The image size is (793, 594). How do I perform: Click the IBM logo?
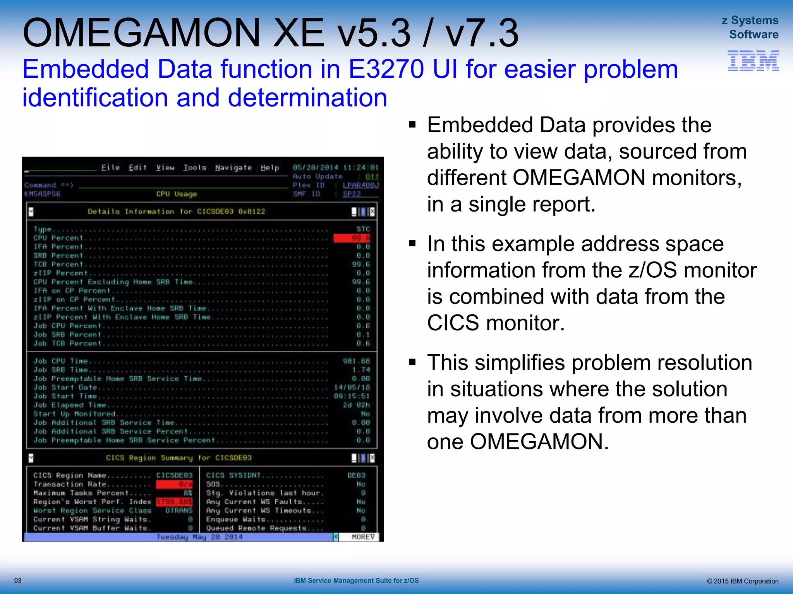point(753,61)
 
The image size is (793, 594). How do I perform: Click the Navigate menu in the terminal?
point(233,167)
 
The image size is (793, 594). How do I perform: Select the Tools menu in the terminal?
point(194,167)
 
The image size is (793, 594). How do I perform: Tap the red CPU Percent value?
point(352,238)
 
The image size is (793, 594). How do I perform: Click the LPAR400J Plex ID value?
point(360,185)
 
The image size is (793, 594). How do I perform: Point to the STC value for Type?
point(363,229)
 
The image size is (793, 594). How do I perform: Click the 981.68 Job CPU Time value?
point(356,361)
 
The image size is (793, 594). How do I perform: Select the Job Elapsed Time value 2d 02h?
point(356,405)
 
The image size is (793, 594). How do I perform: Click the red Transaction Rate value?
point(174,484)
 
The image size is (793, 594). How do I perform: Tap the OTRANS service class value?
point(179,510)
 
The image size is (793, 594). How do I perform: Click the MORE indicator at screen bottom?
point(362,537)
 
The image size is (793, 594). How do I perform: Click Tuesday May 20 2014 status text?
point(199,537)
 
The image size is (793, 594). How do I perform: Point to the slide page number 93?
point(18,581)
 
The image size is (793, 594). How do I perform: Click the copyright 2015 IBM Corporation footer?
point(742,581)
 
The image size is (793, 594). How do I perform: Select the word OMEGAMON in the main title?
point(141,33)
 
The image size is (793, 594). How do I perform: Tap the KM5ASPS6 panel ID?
point(42,194)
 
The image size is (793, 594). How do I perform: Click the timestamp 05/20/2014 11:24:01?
point(335,167)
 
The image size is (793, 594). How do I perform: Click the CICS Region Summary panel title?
point(179,458)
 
